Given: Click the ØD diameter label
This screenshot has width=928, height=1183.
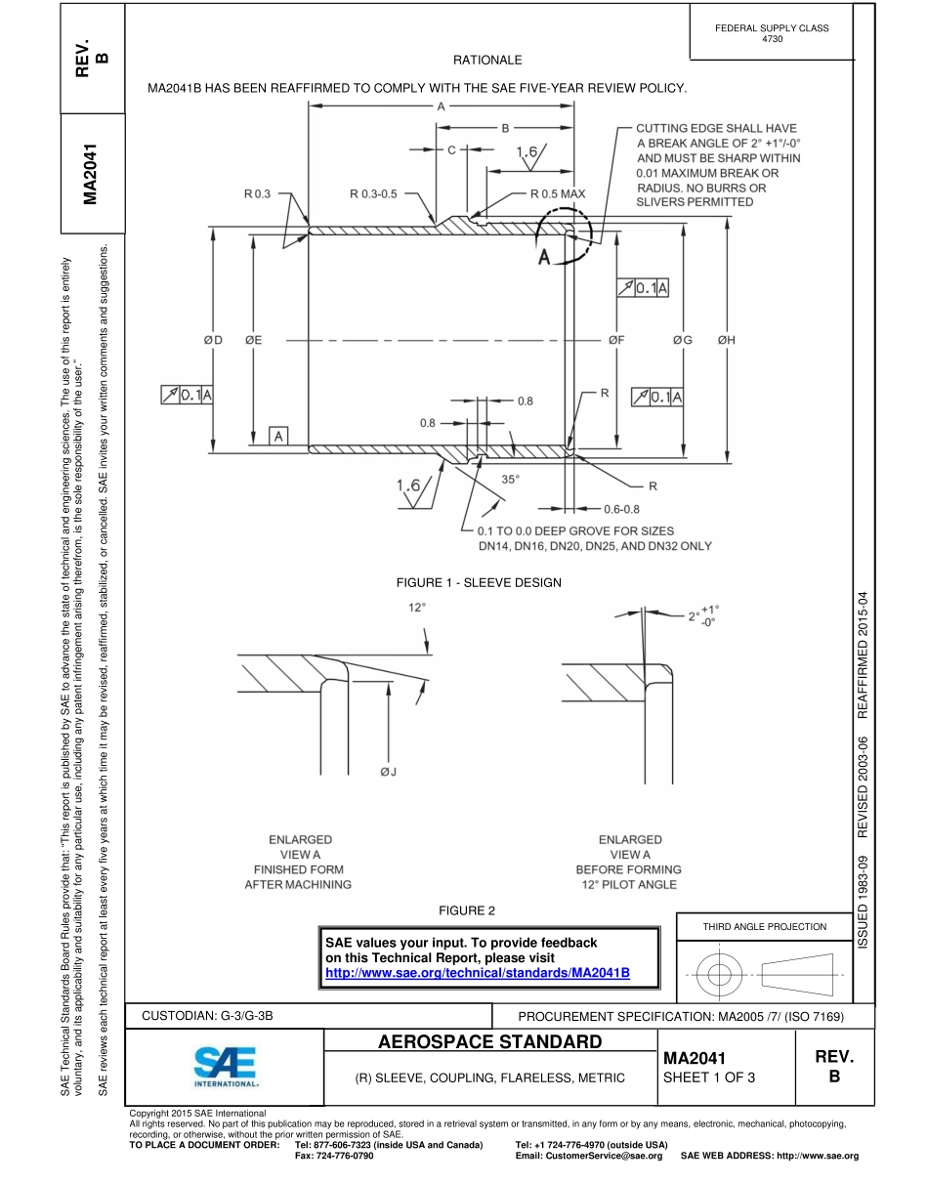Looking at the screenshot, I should (x=213, y=340).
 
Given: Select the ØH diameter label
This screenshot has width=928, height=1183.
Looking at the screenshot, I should (x=726, y=340).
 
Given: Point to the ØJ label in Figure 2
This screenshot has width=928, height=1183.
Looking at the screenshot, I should (x=388, y=773).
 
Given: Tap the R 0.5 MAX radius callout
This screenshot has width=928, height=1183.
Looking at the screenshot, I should (x=558, y=193).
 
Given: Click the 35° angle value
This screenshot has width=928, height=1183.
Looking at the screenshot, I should (x=511, y=479).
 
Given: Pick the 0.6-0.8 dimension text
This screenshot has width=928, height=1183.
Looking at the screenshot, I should (x=621, y=509).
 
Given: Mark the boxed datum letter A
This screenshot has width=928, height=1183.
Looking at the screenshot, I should (x=278, y=436).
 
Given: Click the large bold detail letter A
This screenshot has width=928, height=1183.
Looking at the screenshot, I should (x=544, y=257).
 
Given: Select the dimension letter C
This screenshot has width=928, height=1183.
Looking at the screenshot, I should (x=451, y=150).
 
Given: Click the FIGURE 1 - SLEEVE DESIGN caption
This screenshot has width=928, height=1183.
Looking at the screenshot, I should (x=478, y=582).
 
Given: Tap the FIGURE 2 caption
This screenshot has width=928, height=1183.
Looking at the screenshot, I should (x=466, y=910).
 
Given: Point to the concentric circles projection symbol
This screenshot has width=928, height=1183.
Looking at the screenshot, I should (x=719, y=973).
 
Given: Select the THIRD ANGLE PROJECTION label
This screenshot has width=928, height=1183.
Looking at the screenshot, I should (x=765, y=926).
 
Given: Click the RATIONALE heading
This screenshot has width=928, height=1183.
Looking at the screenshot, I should (x=487, y=61).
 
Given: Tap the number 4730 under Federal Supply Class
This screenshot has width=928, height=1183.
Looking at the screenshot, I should (x=772, y=39).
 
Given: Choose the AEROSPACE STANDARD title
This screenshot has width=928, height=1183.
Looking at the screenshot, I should (x=489, y=1042).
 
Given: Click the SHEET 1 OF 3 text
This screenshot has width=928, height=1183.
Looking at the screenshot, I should (x=708, y=1078).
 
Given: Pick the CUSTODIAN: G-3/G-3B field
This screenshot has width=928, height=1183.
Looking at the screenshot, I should (x=207, y=1015).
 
